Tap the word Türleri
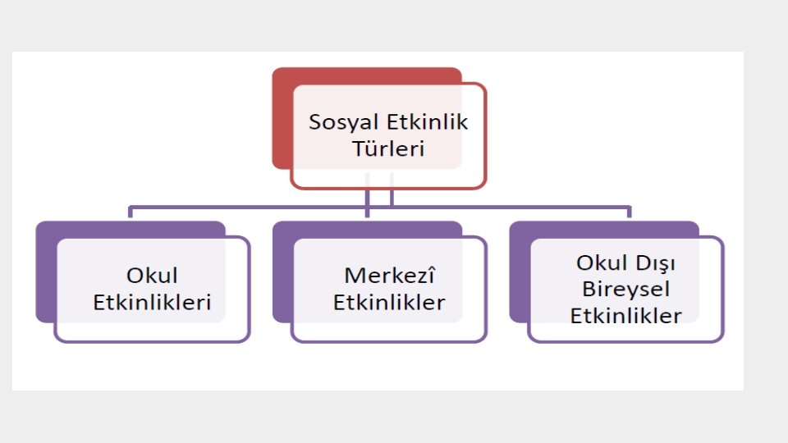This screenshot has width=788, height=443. (388, 149)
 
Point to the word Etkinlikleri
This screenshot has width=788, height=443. (152, 302)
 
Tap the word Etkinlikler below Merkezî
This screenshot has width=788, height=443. (389, 302)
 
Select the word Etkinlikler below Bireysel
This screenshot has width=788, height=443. (626, 315)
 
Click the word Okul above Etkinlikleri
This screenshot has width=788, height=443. (152, 275)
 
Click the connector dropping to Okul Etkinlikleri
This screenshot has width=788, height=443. (131, 212)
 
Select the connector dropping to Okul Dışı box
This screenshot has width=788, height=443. (630, 212)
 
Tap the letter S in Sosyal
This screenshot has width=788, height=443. (314, 123)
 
